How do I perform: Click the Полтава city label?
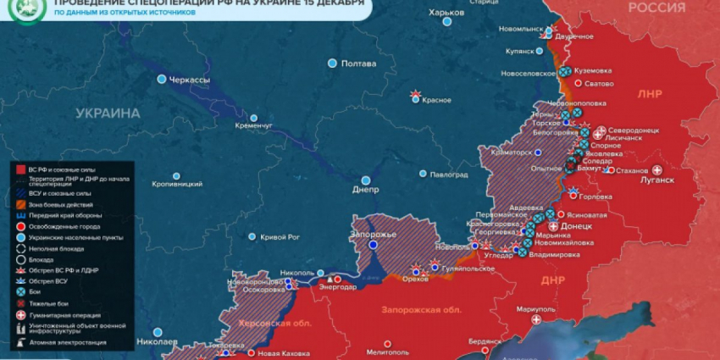tap(357, 64)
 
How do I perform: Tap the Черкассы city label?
tap(190, 79)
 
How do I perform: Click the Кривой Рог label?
tap(281, 236)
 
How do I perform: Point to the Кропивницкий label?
tap(176, 184)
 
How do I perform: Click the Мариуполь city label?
tap(534, 310)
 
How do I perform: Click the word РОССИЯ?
tap(656, 8)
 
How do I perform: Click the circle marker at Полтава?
tap(332, 64)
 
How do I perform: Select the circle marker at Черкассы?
tap(162, 79)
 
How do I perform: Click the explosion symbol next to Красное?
tap(415, 94)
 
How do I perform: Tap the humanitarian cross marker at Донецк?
tap(554, 227)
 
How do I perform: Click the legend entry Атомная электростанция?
tap(68, 342)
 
